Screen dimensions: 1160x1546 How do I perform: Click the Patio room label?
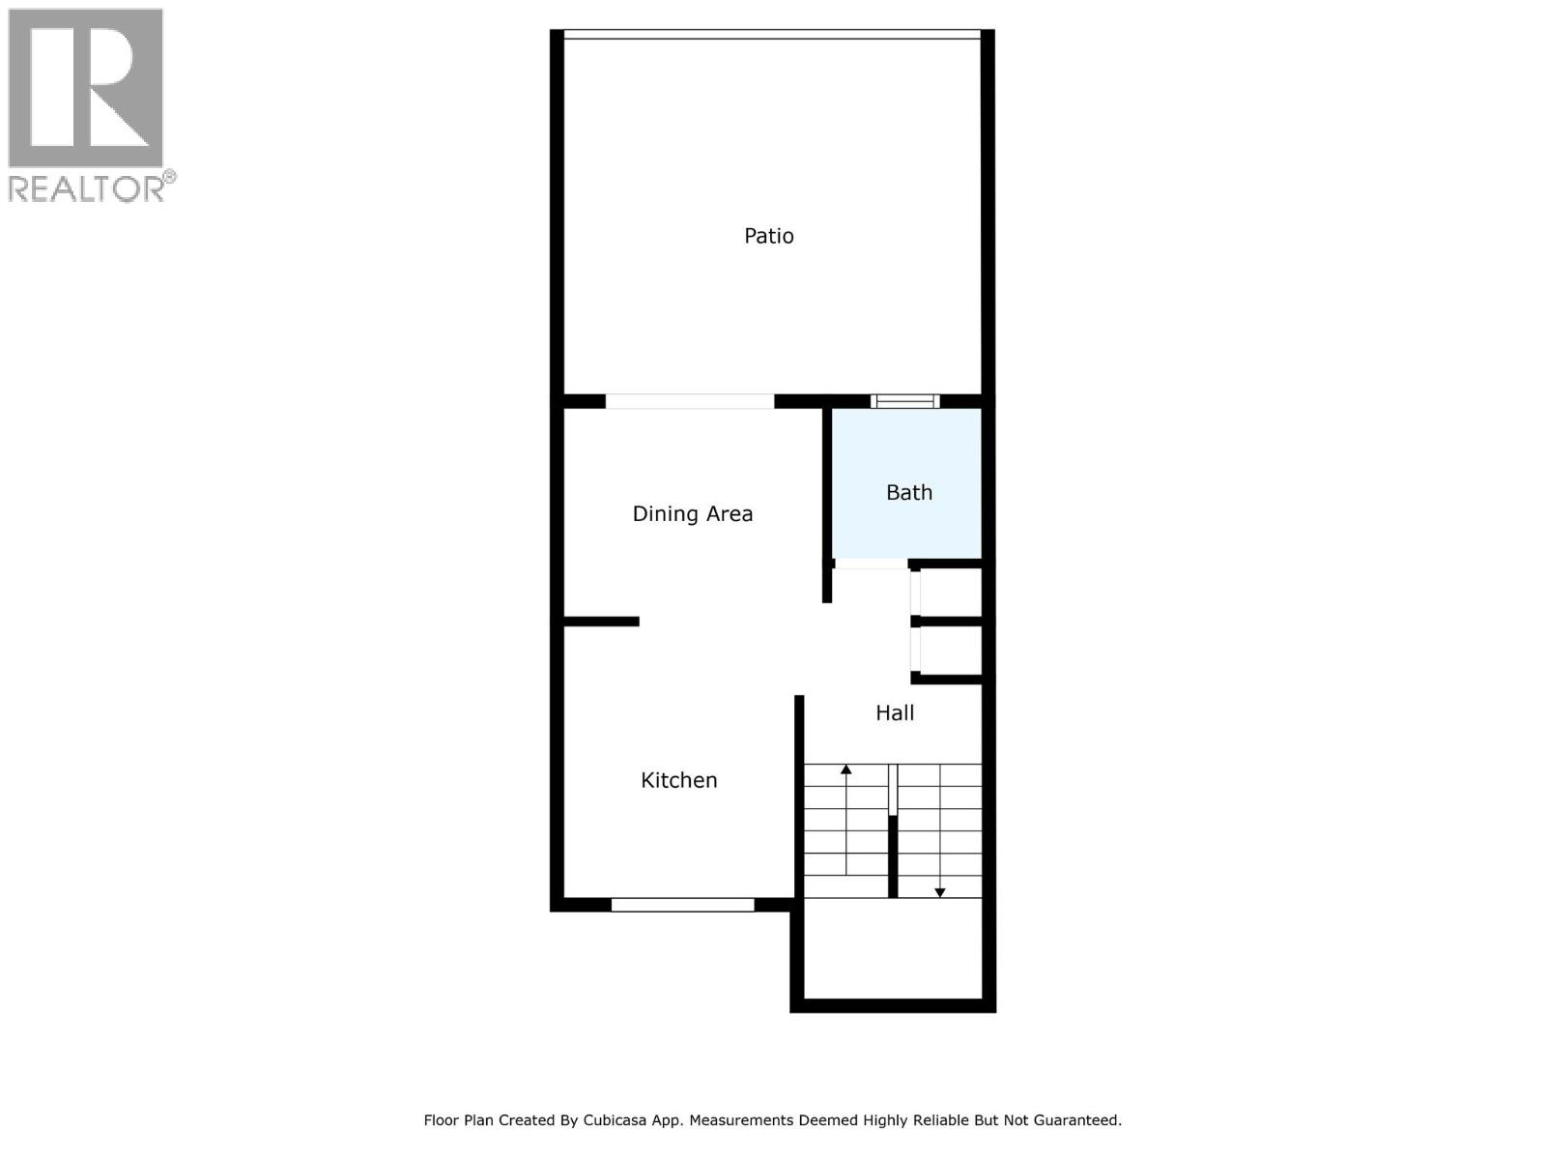pyautogui.click(x=768, y=236)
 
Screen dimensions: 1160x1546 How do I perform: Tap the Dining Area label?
pyautogui.click(x=692, y=514)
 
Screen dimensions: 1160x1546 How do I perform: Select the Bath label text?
pyautogui.click(x=909, y=493)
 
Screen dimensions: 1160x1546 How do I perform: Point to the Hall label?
pyautogui.click(x=895, y=713)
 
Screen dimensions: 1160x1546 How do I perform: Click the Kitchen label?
pyautogui.click(x=678, y=781)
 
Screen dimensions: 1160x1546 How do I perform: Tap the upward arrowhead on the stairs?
pyautogui.click(x=846, y=769)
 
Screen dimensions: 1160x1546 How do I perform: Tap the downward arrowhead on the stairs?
pyautogui.click(x=939, y=892)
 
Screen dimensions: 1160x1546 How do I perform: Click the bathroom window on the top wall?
pyautogui.click(x=904, y=401)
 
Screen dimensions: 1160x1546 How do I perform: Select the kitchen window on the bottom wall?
pyautogui.click(x=682, y=905)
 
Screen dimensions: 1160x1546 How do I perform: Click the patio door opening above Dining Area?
pyautogui.click(x=689, y=401)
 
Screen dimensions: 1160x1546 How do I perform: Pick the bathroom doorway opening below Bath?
pyautogui.click(x=871, y=564)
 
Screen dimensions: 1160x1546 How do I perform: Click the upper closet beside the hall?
pyautogui.click(x=951, y=592)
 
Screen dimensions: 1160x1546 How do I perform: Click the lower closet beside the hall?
pyautogui.click(x=951, y=650)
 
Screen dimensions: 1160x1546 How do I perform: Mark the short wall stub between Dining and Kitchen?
pyautogui.click(x=601, y=622)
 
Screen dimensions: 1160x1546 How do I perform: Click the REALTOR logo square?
pyautogui.click(x=86, y=88)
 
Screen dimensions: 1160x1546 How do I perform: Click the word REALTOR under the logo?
pyautogui.click(x=87, y=188)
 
